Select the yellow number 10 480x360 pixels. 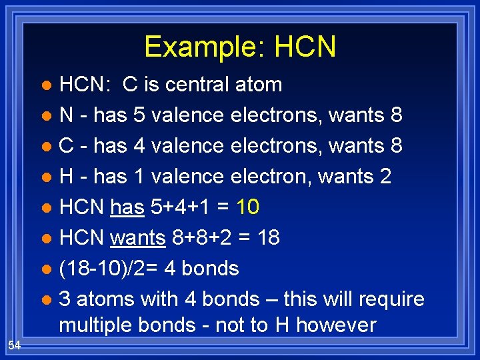(x=247, y=207)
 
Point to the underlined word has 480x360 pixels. (x=127, y=207)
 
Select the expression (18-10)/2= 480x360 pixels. (x=107, y=269)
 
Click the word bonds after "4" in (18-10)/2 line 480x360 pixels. (x=209, y=269)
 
